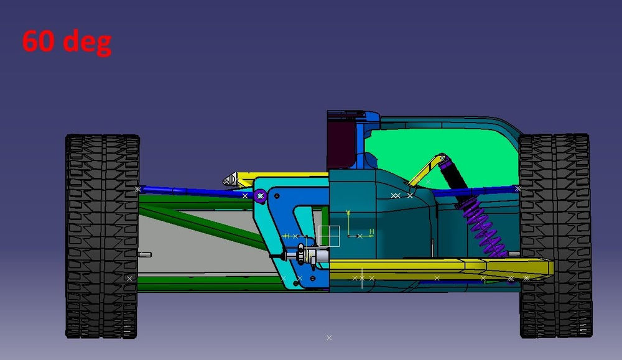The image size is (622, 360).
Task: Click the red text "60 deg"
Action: pyautogui.click(x=67, y=42)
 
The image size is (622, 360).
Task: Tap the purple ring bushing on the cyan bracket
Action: pyautogui.click(x=261, y=196)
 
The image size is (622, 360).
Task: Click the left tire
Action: pyautogui.click(x=102, y=236)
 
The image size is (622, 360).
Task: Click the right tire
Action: pyautogui.click(x=554, y=236)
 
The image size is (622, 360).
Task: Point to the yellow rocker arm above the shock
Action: pyautogui.click(x=424, y=172)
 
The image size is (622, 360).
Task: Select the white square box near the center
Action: pyautogui.click(x=328, y=236)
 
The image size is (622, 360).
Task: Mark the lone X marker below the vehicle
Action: pyautogui.click(x=329, y=338)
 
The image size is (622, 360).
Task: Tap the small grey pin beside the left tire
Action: pyautogui.click(x=144, y=254)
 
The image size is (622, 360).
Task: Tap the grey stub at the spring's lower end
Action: pyautogui.click(x=513, y=254)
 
